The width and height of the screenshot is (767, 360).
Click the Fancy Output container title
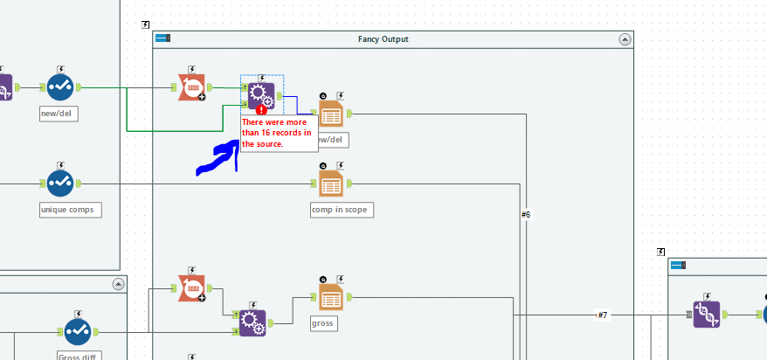[383, 39]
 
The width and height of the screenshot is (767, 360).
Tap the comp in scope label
[342, 210]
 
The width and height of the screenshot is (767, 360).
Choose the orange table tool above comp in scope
[331, 183]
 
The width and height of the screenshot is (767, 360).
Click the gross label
[323, 323]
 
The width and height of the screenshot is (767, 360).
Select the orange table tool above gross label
[331, 297]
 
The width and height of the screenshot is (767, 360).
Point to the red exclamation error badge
[261, 109]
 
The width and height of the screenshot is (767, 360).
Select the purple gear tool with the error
[261, 94]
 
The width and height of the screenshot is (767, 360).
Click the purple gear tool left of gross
[252, 322]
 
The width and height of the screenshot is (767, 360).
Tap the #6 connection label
[526, 214]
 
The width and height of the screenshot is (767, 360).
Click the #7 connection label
[602, 315]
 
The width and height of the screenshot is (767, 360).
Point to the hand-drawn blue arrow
[218, 158]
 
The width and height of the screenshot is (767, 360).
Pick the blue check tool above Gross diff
[78, 331]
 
